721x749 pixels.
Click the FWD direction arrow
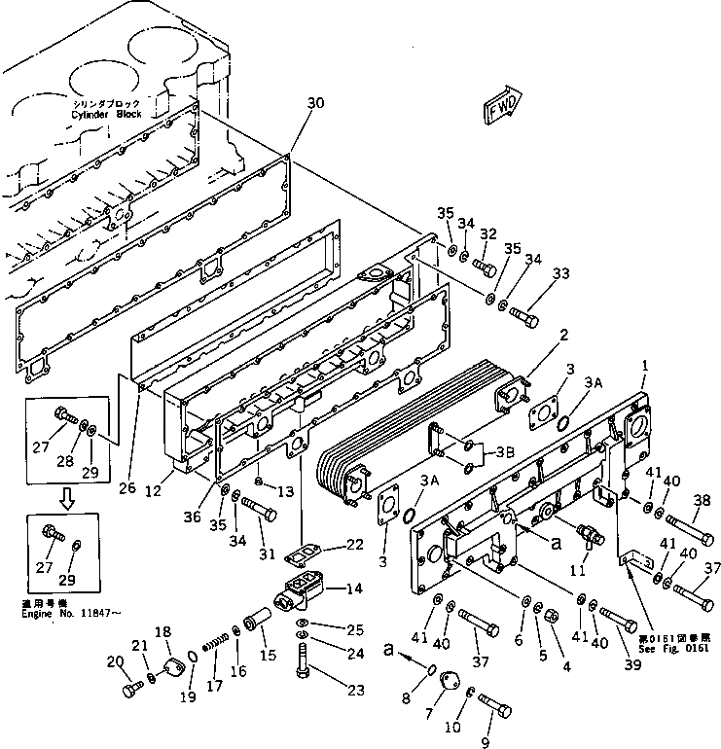503,103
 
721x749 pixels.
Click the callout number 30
314,102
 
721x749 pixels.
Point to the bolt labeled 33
522,316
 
